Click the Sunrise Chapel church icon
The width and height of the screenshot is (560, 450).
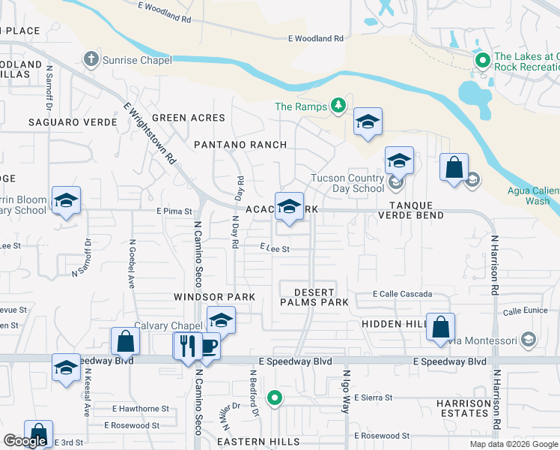click(x=91, y=59)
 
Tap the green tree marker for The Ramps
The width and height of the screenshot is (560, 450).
click(x=338, y=106)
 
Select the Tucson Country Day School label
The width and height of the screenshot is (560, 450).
click(x=347, y=183)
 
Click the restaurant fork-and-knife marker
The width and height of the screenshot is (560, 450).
click(x=187, y=346)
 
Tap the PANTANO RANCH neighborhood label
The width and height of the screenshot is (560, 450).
click(x=240, y=144)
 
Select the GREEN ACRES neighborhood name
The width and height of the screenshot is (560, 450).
click(x=188, y=118)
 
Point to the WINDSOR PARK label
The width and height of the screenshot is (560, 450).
click(x=215, y=297)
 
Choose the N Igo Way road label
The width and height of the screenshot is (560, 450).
click(x=346, y=391)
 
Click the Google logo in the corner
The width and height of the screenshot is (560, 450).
click(x=25, y=441)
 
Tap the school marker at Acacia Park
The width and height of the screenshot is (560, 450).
click(x=289, y=205)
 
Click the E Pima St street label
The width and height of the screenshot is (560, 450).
click(x=174, y=211)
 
